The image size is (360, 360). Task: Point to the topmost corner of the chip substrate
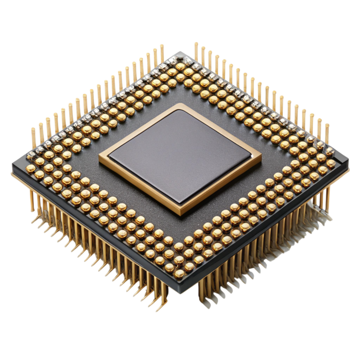180,51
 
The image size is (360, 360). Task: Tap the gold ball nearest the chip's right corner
331,163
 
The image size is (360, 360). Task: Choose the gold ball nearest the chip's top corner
180,66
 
